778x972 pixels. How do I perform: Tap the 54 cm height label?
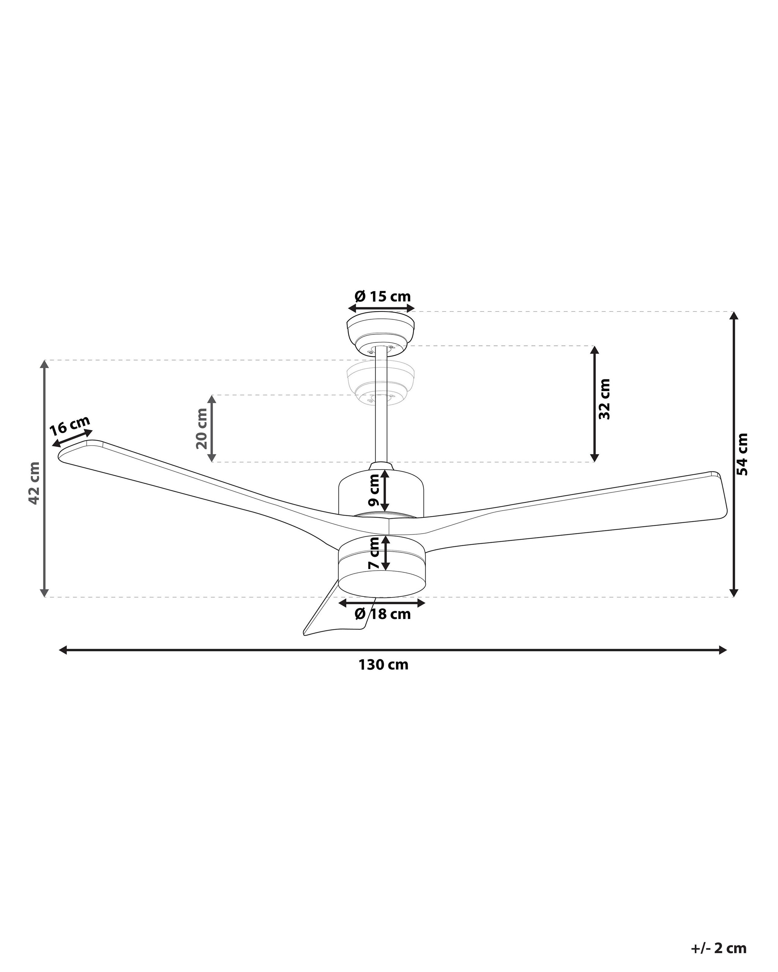pos(742,454)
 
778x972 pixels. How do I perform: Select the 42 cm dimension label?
pos(34,483)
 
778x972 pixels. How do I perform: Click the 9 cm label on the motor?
pos(374,489)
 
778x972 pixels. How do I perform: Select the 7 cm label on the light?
pos(374,552)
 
